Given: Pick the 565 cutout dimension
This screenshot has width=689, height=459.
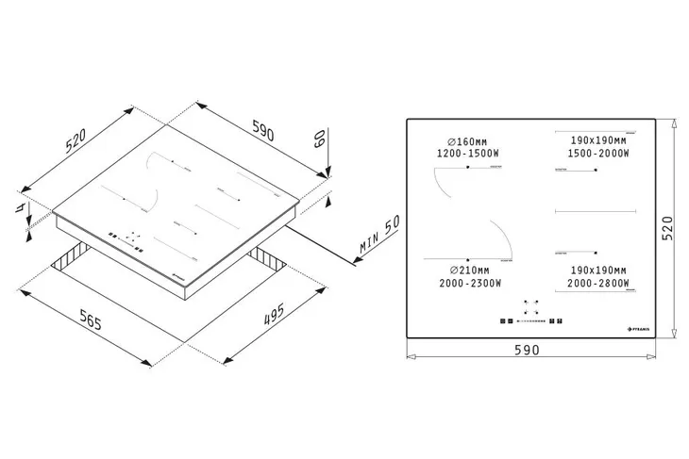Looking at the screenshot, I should click(82, 317).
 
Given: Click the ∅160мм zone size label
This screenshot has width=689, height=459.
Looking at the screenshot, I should click(462, 141).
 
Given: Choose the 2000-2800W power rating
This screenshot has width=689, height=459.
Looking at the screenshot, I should click(594, 283).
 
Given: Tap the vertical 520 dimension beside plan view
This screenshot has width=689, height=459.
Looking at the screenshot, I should click(668, 228).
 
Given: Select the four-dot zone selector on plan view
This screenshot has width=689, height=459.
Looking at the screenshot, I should click(531, 308).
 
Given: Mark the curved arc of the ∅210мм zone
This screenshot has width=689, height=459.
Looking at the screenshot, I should click(498, 236).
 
